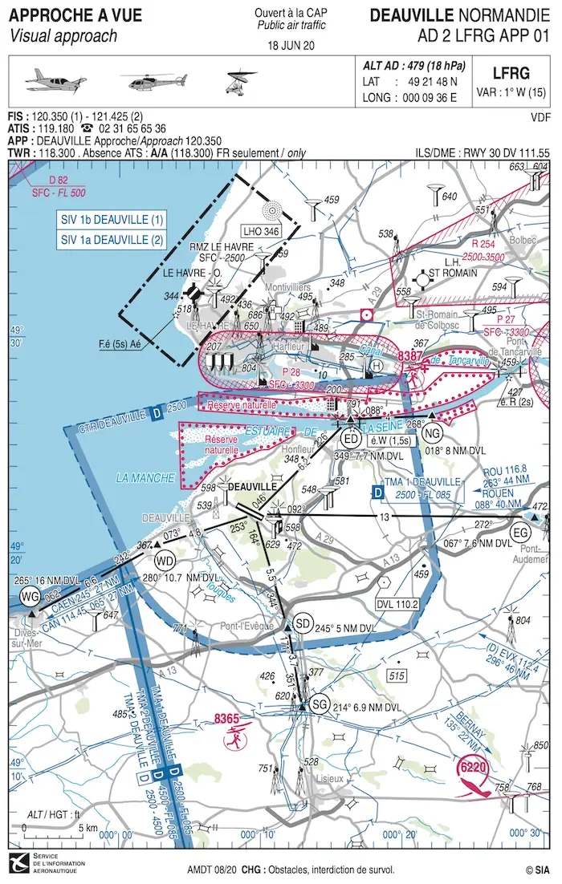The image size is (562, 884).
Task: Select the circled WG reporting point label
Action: [30, 595]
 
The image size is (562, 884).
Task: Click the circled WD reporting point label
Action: [164, 559]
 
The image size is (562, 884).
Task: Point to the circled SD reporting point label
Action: [302, 623]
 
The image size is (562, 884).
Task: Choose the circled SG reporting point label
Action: [320, 704]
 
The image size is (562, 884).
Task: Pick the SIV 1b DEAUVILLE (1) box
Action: [112, 219]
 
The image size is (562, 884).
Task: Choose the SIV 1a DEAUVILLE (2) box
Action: [112, 239]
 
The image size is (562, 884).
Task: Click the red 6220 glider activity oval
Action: [473, 768]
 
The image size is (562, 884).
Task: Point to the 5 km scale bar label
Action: [88, 828]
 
